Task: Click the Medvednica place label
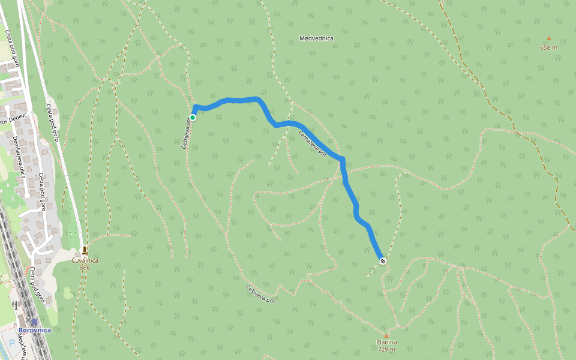pos(316,38)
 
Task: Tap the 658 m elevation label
pos(548,47)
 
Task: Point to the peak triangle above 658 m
pos(548,38)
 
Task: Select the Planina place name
pos(386,342)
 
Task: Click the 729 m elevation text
pos(386,349)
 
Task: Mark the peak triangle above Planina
pos(386,335)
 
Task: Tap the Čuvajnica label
pos(85,260)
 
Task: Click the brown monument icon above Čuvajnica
pos(85,250)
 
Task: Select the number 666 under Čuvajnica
pos(85,268)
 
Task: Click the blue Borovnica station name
pos(34,330)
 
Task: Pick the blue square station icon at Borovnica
pos(34,322)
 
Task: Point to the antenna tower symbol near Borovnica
pos(16,305)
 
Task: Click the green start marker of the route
pos(193,118)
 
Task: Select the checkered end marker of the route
pos(382,260)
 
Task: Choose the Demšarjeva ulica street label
pos(19,157)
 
